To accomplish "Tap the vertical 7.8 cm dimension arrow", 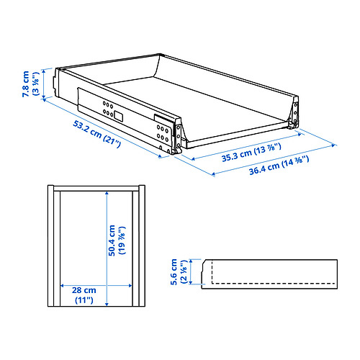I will click(x=47, y=84).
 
